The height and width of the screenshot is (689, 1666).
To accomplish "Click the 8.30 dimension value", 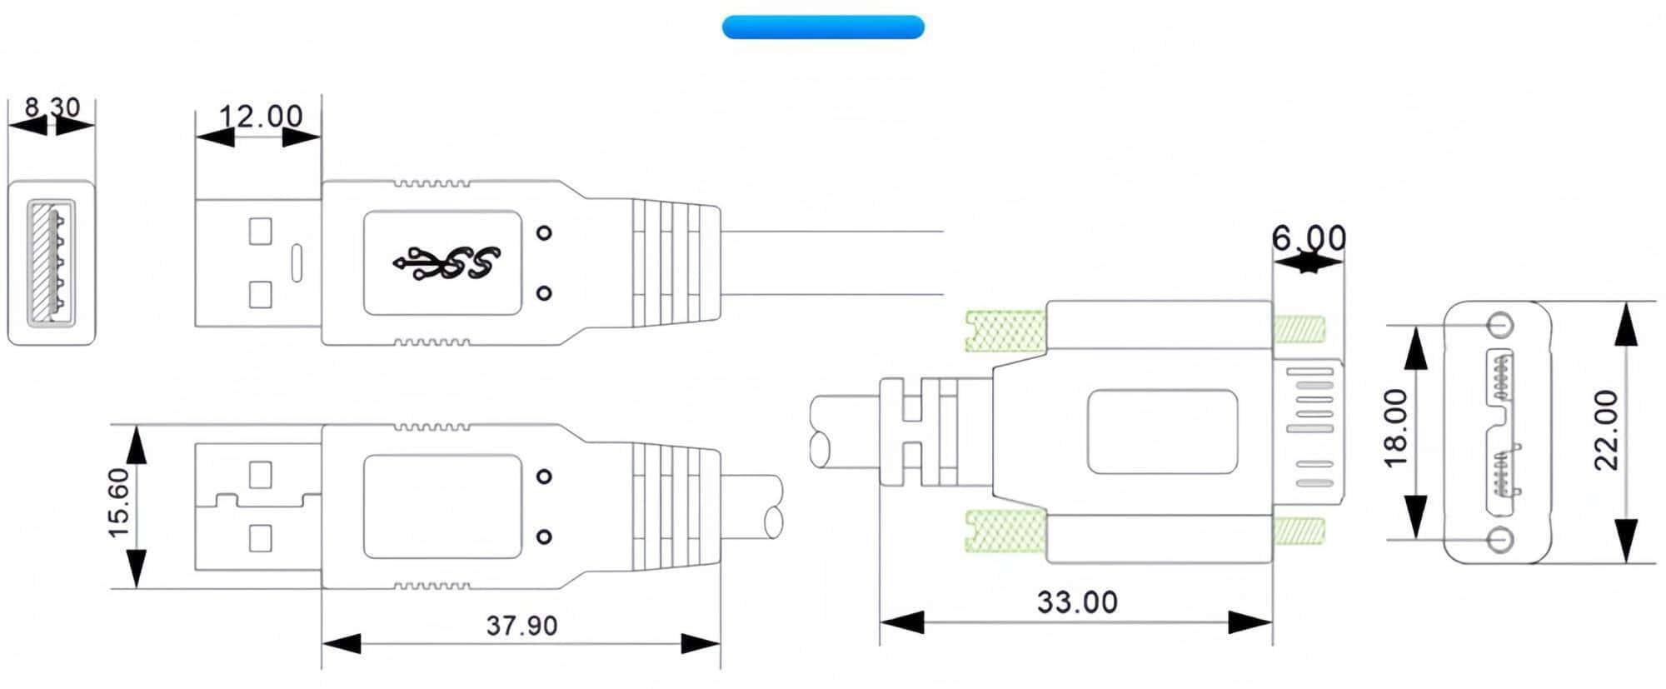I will click(x=52, y=107).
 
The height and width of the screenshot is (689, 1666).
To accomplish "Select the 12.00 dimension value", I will click(x=261, y=116).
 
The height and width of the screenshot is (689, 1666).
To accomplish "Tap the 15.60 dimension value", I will click(x=119, y=503).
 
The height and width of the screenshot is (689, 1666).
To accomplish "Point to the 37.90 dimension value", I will click(x=521, y=625).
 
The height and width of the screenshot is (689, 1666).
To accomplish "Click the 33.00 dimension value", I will click(x=1076, y=602).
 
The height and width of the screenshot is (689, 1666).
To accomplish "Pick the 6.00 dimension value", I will click(x=1309, y=239).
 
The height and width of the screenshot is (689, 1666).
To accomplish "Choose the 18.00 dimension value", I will click(x=1396, y=428).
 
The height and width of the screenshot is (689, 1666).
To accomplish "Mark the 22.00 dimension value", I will click(x=1606, y=430).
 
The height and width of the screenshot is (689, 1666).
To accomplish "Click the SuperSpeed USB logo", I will click(x=446, y=262).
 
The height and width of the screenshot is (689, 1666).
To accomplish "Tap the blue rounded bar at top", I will click(x=823, y=27).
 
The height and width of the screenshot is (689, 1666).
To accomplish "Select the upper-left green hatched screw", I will click(x=1005, y=330).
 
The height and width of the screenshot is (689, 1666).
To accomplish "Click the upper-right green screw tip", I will click(x=1299, y=329).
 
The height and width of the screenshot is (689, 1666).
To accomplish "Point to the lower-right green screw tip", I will click(x=1299, y=531).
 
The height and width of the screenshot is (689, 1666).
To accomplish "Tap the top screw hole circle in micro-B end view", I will click(x=1501, y=324).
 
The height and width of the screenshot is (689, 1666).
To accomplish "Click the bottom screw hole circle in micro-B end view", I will click(x=1501, y=539).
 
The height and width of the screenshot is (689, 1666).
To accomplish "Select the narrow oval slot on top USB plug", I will click(x=297, y=262).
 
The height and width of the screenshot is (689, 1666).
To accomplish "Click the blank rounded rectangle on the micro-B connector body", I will click(x=1162, y=432).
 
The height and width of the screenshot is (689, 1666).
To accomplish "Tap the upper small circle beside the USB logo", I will click(x=544, y=233).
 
